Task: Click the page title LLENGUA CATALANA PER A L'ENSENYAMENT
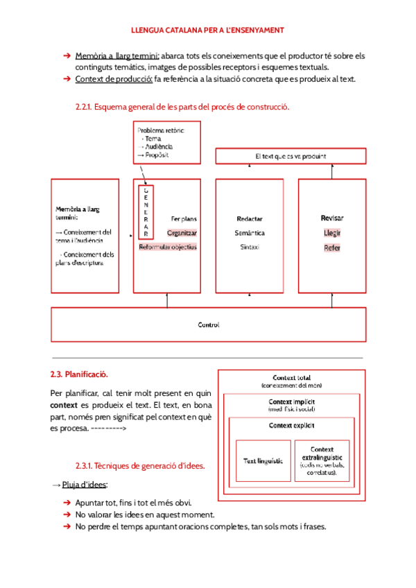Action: pyautogui.click(x=208, y=31)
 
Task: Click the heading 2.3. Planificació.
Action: pyautogui.click(x=78, y=374)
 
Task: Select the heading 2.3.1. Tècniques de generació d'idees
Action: pyautogui.click(x=140, y=466)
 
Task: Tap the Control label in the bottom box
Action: pyautogui.click(x=209, y=325)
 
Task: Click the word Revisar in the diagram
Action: pyautogui.click(x=332, y=218)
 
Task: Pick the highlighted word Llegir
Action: pyautogui.click(x=332, y=233)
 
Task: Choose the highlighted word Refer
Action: pyautogui.click(x=332, y=248)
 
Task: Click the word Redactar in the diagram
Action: pyautogui.click(x=250, y=219)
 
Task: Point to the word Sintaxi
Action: pyautogui.click(x=250, y=247)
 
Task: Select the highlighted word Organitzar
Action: pyautogui.click(x=182, y=233)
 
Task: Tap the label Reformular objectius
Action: pyautogui.click(x=168, y=247)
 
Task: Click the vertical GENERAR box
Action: pyautogui.click(x=146, y=212)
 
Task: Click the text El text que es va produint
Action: pyautogui.click(x=291, y=156)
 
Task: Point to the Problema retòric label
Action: pyautogui.click(x=161, y=130)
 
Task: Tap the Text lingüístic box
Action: pyautogui.click(x=263, y=460)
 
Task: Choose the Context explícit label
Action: pyautogui.click(x=292, y=425)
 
